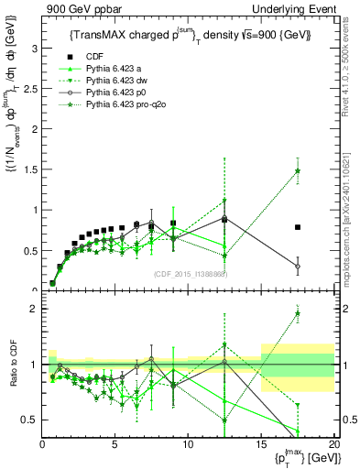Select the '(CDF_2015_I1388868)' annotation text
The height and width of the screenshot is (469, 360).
(x=190, y=274)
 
